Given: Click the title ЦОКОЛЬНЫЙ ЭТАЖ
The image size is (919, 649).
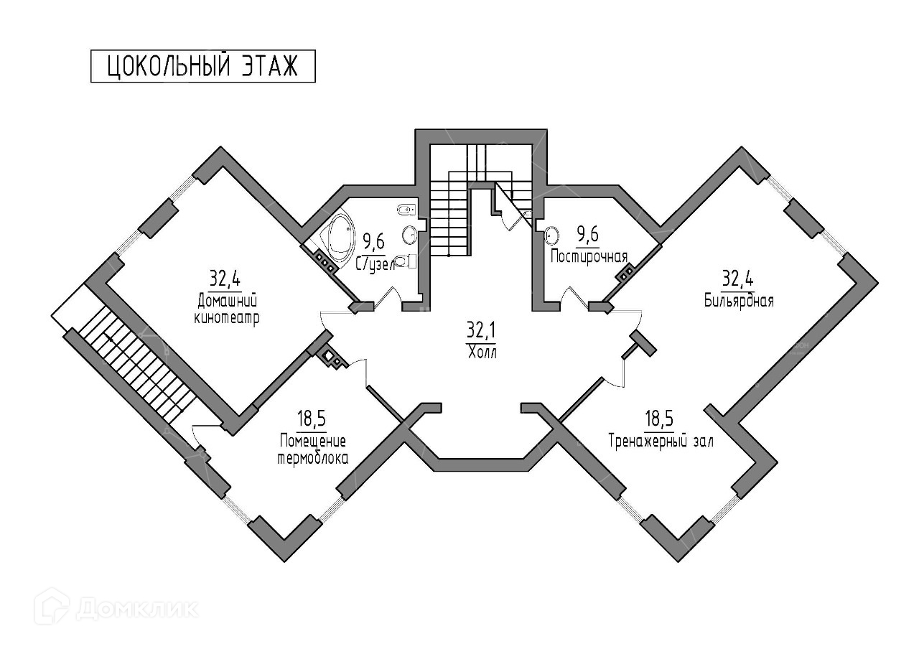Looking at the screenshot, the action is [x=202, y=67].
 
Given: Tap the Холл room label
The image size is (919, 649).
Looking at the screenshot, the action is [x=482, y=352].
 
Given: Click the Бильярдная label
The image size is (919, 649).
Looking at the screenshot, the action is [x=739, y=301].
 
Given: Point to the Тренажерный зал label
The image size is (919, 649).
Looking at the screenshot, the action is [x=661, y=442].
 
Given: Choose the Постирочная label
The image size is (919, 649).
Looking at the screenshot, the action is [x=589, y=257].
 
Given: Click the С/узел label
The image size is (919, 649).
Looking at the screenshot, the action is [x=375, y=265].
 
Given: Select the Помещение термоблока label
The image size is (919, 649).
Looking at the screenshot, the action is [x=313, y=450].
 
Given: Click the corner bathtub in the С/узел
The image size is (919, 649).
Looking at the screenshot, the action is [x=336, y=232].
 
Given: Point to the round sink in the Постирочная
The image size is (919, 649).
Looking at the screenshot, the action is [x=552, y=235].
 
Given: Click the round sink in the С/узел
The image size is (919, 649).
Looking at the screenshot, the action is [x=409, y=235].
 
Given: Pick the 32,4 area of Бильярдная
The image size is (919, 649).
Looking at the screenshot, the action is [x=737, y=279].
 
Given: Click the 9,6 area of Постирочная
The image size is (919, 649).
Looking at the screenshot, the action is [x=587, y=235].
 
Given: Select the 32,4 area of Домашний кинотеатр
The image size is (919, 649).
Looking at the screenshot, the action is [x=225, y=279].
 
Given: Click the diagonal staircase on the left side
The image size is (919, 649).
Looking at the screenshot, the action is [x=136, y=365].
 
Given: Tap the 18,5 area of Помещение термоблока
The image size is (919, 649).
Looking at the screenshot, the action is [x=312, y=419].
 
